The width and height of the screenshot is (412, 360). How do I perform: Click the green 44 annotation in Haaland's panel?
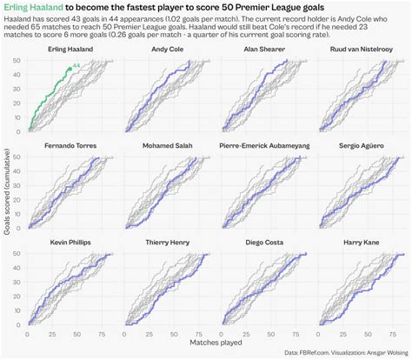pyautogui.click(x=76, y=66)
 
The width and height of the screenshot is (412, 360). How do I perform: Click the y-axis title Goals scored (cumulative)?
pyautogui.click(x=8, y=192)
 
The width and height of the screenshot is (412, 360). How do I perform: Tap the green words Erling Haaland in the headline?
pyautogui.click(x=33, y=8)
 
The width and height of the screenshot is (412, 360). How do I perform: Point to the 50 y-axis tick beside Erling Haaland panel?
pyautogui.click(x=20, y=59)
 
